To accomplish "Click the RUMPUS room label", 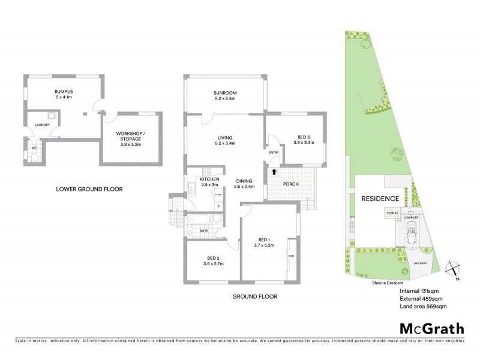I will pos(59,91).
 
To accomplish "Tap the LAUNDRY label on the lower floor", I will pos(42,125).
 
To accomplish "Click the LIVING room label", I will pos(225,136).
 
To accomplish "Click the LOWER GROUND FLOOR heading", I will pos(89,189).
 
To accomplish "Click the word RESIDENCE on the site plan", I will pos(380,199).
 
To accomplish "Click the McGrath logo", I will pos(431,328).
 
